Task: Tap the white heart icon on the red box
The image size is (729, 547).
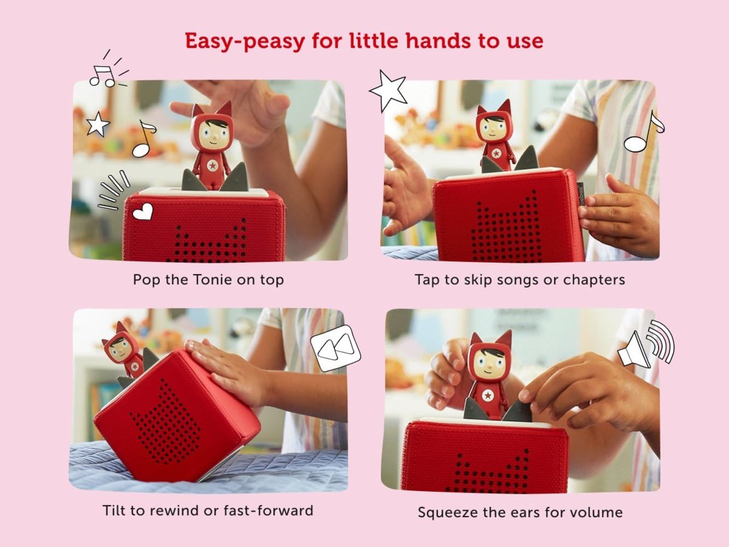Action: [143, 212]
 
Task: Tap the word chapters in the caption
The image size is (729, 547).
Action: [594, 280]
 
